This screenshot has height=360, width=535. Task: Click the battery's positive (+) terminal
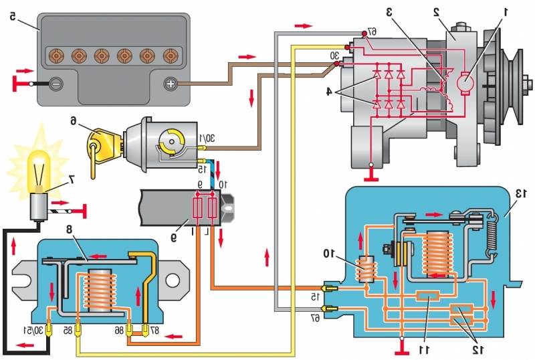tap(171, 84)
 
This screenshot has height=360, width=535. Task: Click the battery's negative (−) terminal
tap(56, 84)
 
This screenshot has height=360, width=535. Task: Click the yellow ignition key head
tap(100, 144)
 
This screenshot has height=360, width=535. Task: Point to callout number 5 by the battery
tap(13, 16)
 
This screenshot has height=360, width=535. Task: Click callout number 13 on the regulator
tap(522, 193)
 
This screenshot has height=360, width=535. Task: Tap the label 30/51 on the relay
tap(34, 331)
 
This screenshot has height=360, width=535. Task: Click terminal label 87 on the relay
tap(155, 331)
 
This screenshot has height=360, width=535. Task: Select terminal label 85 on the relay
tap(68, 331)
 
